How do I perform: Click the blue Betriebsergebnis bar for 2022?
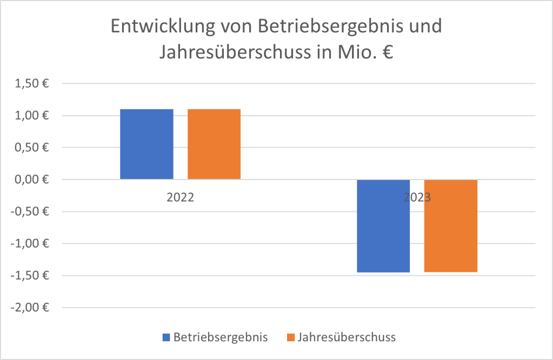click(146, 144)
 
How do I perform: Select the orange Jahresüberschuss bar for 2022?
click(214, 144)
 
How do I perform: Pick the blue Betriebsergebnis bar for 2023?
click(383, 226)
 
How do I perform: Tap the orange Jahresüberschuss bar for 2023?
click(451, 226)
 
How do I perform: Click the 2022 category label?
click(180, 197)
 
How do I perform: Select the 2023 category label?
click(417, 197)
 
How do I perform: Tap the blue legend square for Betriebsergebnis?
click(166, 337)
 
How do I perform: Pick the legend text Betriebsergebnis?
click(221, 337)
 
